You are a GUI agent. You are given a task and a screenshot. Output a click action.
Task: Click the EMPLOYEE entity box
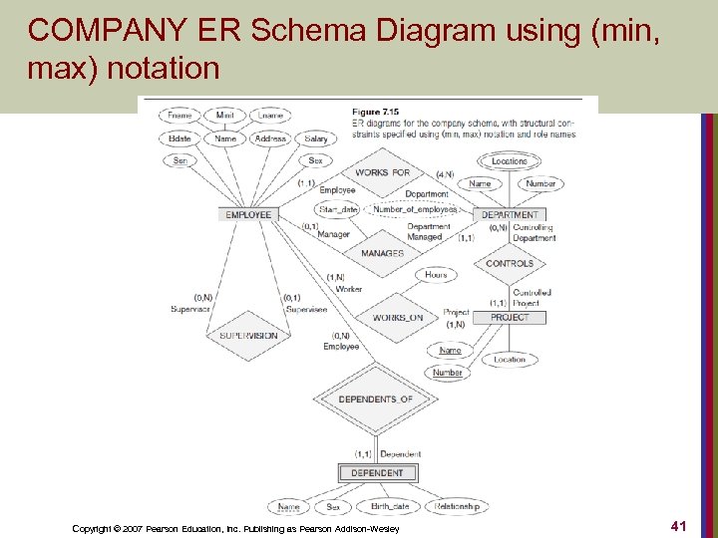tap(248, 215)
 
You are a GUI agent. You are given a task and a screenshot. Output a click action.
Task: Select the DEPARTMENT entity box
tap(510, 215)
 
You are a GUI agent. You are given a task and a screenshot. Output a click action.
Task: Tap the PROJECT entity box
tap(510, 318)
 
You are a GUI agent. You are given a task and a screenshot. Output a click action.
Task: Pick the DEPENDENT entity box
tap(378, 473)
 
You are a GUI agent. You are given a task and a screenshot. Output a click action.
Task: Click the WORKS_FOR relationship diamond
tap(383, 172)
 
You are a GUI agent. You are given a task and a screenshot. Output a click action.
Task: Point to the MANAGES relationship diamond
tap(382, 253)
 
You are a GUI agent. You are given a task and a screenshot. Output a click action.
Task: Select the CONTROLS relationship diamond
tap(510, 264)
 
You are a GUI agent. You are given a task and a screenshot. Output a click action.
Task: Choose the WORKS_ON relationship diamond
tap(397, 318)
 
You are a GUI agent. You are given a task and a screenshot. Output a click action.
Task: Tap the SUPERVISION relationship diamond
tap(248, 336)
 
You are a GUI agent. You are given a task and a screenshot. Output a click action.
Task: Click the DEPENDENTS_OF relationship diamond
tap(375, 400)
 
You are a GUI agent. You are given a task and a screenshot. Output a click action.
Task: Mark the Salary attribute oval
tap(316, 139)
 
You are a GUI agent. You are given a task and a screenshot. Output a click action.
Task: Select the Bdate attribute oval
tap(180, 139)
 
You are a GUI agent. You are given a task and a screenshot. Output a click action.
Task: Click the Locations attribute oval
tap(510, 161)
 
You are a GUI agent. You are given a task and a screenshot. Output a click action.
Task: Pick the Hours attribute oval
tap(436, 275)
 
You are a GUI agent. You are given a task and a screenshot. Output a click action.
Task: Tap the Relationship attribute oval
tap(457, 506)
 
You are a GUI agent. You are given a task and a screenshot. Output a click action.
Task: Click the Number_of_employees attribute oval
tap(414, 210)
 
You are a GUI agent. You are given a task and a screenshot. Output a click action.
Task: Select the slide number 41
tap(680, 524)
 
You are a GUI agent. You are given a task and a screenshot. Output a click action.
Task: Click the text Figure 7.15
tap(376, 110)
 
